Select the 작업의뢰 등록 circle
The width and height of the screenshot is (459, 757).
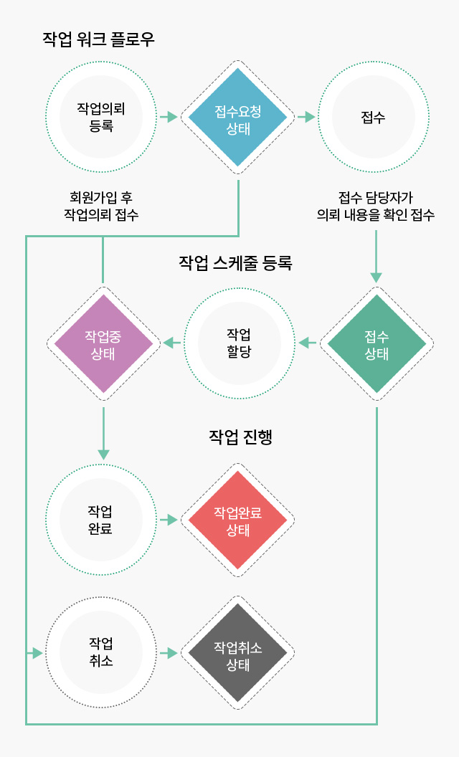click(102, 117)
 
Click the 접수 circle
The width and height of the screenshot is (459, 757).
click(374, 117)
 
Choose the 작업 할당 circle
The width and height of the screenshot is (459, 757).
click(240, 343)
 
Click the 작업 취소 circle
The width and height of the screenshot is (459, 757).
click(102, 652)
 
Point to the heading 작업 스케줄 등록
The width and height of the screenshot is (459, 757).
click(235, 263)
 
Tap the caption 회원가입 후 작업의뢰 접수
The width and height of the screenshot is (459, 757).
click(101, 206)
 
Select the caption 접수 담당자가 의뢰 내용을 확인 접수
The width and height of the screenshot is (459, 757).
click(376, 206)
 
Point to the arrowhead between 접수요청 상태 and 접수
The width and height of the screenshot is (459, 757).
click(309, 117)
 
